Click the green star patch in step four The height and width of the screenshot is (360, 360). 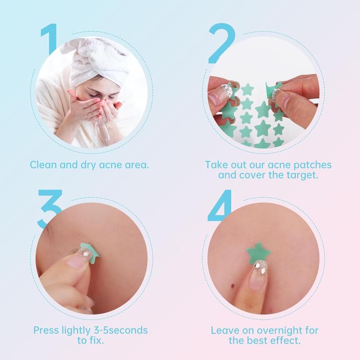(x=258, y=253)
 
